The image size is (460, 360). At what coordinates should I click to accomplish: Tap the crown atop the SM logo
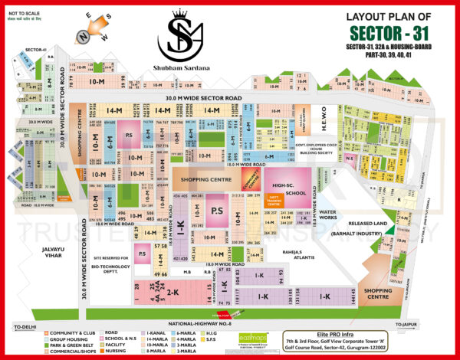click(182, 13)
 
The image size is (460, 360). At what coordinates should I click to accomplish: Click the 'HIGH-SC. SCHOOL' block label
click(291, 188)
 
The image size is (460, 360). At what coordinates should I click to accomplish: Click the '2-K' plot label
click(173, 292)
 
